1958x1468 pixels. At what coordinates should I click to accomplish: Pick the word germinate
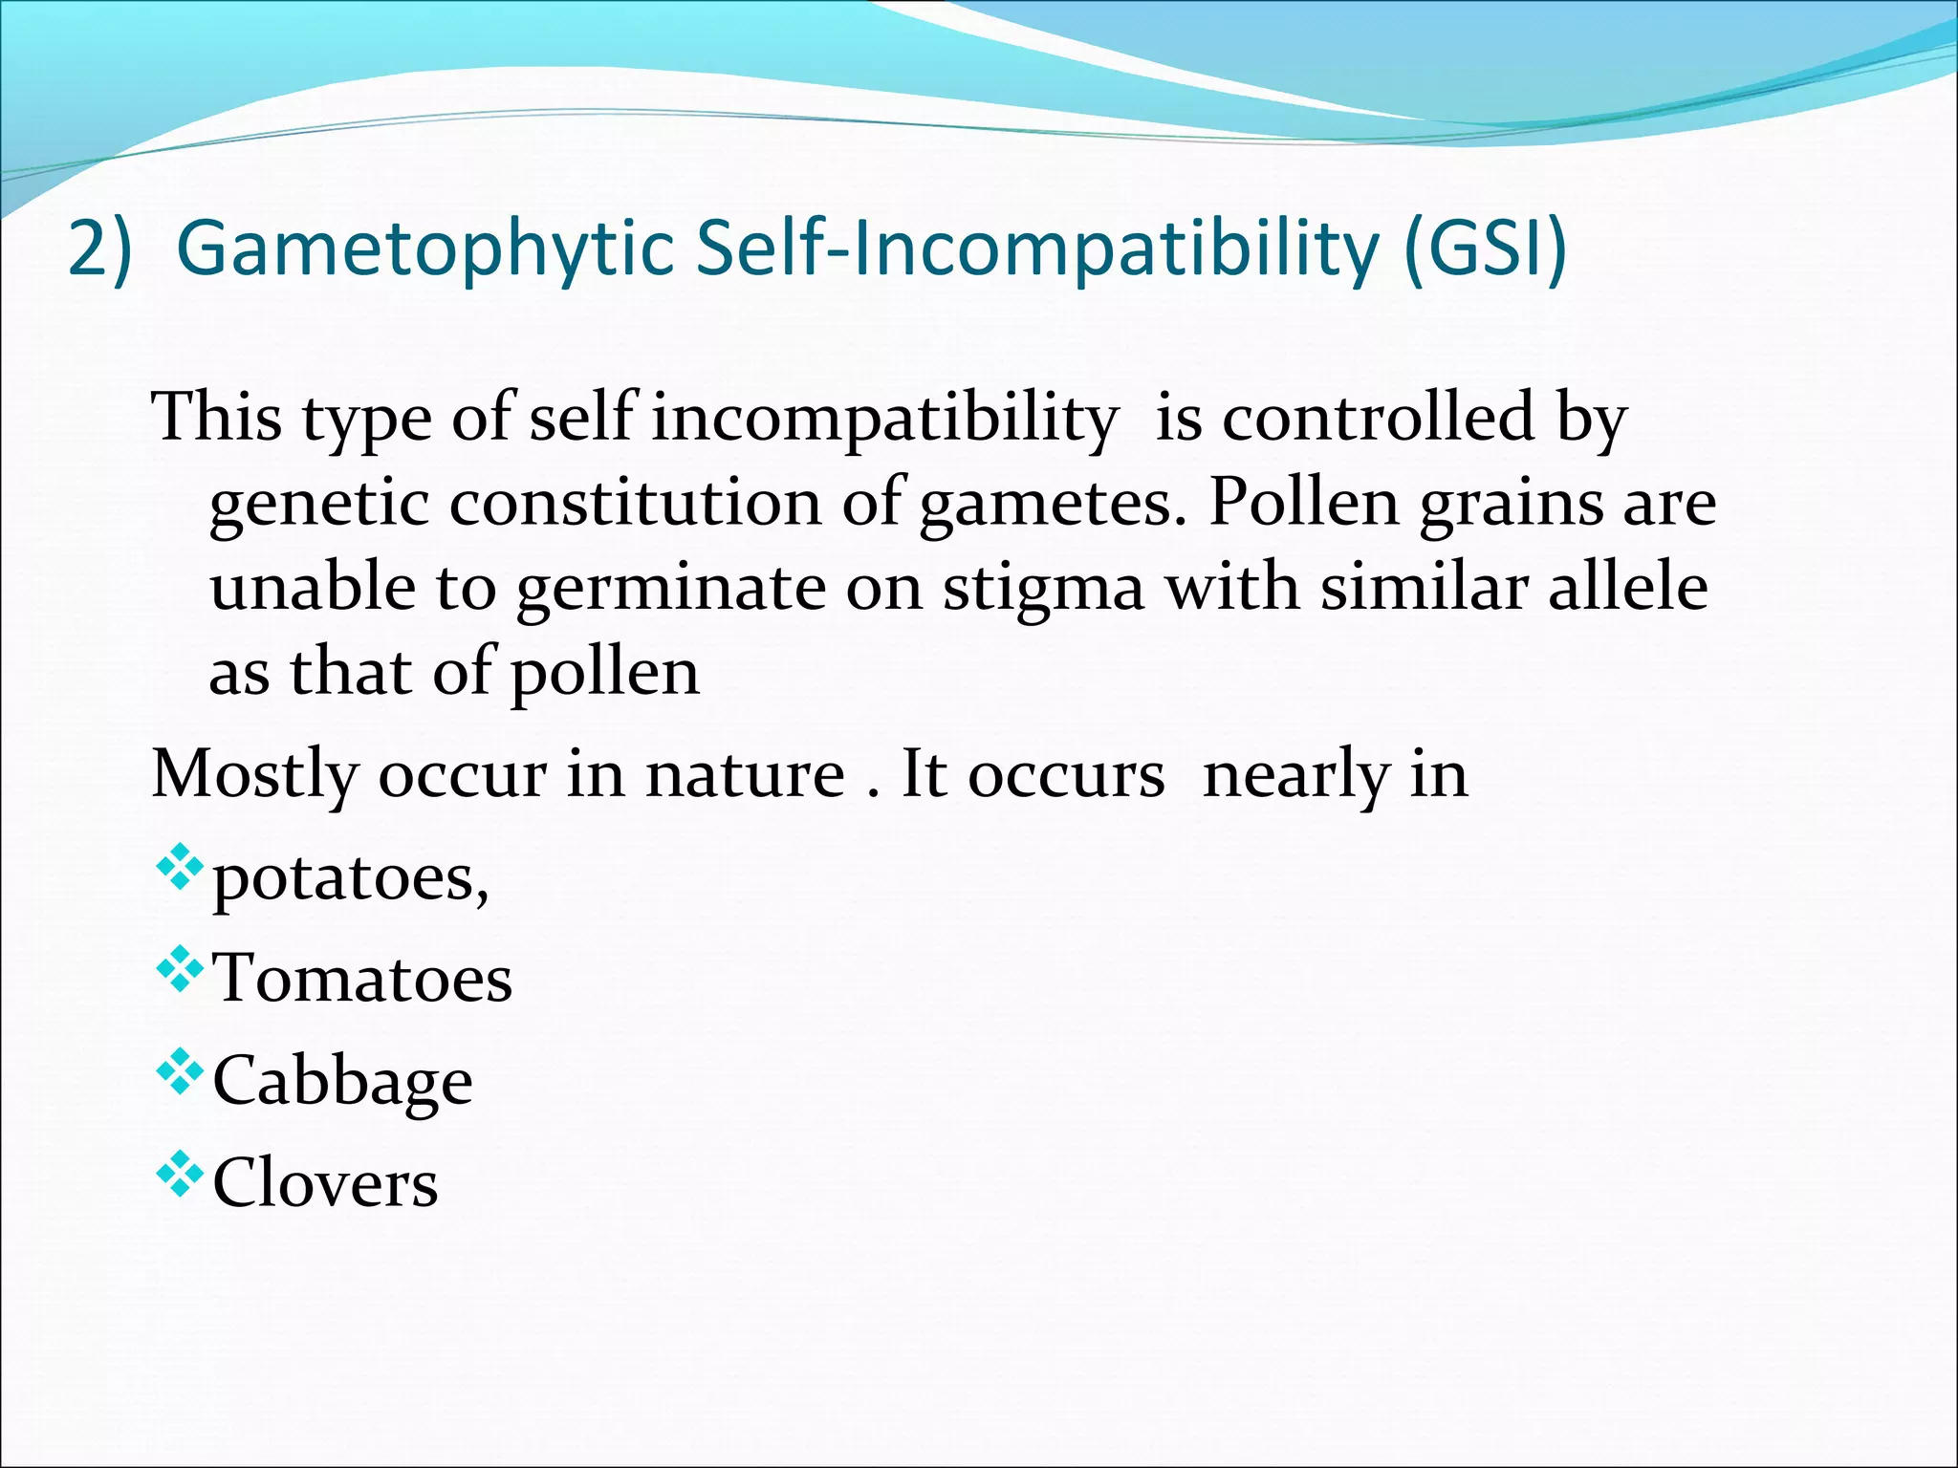(671, 588)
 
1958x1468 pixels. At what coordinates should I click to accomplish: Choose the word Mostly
(254, 775)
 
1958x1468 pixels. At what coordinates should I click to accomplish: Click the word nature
(745, 773)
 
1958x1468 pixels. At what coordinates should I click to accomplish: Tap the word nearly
(1295, 775)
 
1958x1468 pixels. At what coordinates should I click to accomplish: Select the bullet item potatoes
(350, 877)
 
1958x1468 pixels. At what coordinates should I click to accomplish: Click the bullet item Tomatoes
(362, 978)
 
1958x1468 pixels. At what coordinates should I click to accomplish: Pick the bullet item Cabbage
(342, 1083)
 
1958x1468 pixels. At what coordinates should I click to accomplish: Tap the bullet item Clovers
(325, 1182)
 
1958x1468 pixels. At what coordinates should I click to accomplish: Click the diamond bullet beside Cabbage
(179, 1072)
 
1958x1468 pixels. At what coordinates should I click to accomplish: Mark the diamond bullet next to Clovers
(179, 1175)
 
